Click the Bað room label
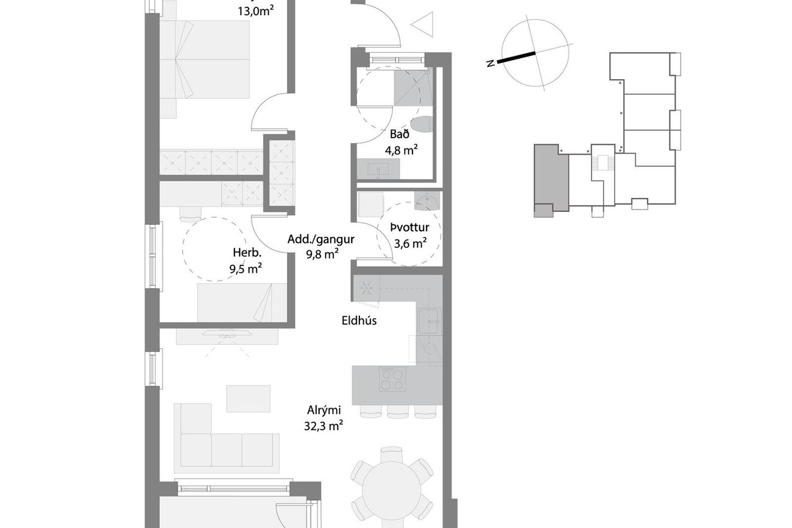[x=400, y=135]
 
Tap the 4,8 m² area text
[x=401, y=150]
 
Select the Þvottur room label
[x=410, y=228]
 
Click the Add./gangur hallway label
[x=320, y=239]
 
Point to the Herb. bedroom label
[x=247, y=253]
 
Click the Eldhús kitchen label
[x=359, y=320]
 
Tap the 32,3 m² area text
[x=323, y=426]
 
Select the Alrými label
[x=324, y=410]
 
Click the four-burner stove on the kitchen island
[x=392, y=379]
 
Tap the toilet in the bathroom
[x=422, y=124]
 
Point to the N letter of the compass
[x=490, y=64]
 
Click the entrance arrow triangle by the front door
[x=422, y=24]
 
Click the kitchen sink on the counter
[x=430, y=322]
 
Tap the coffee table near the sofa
[x=248, y=398]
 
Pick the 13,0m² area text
[x=256, y=12]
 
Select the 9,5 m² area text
[x=246, y=269]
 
